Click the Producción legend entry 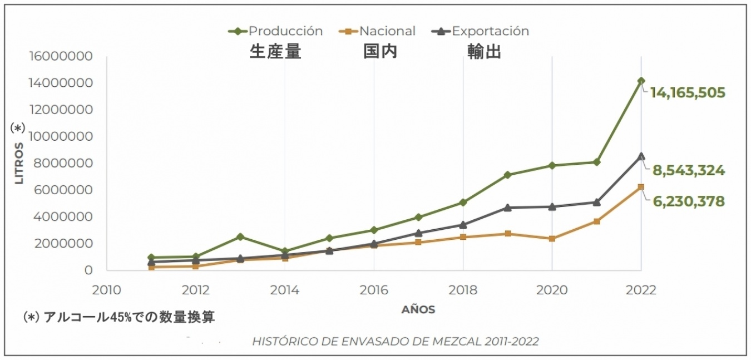pyautogui.click(x=276, y=31)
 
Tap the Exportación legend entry pyautogui.click(x=481, y=31)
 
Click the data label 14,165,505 pyautogui.click(x=688, y=92)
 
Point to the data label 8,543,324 pyautogui.click(x=688, y=170)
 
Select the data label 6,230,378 pyautogui.click(x=688, y=201)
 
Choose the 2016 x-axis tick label pyautogui.click(x=373, y=290)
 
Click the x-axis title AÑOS pyautogui.click(x=418, y=310)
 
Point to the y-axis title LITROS pyautogui.click(x=19, y=164)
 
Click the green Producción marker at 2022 pyautogui.click(x=641, y=81)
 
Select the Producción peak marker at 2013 pyautogui.click(x=240, y=236)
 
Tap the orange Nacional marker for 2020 pyautogui.click(x=552, y=239)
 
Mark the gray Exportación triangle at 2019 pyautogui.click(x=507, y=208)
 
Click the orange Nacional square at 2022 pyautogui.click(x=641, y=187)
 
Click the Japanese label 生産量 pyautogui.click(x=275, y=52)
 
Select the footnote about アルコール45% pyautogui.click(x=118, y=317)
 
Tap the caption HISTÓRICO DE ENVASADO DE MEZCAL pyautogui.click(x=395, y=341)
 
